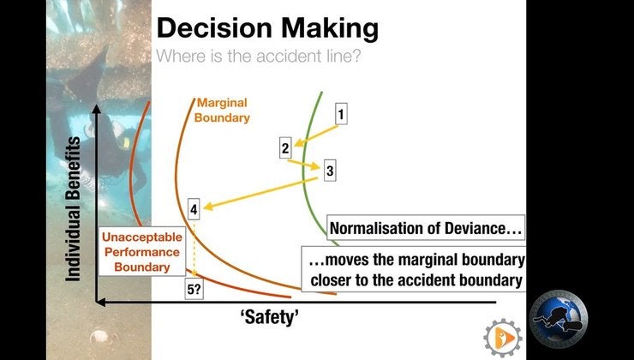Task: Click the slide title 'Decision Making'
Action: point(266,28)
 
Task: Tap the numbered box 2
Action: point(286,147)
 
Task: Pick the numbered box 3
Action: point(330,171)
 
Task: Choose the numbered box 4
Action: point(194,208)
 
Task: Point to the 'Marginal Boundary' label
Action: point(221,111)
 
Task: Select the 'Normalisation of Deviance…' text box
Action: point(426,230)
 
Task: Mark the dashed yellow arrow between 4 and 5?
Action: point(195,249)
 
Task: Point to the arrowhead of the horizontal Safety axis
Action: point(100,302)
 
